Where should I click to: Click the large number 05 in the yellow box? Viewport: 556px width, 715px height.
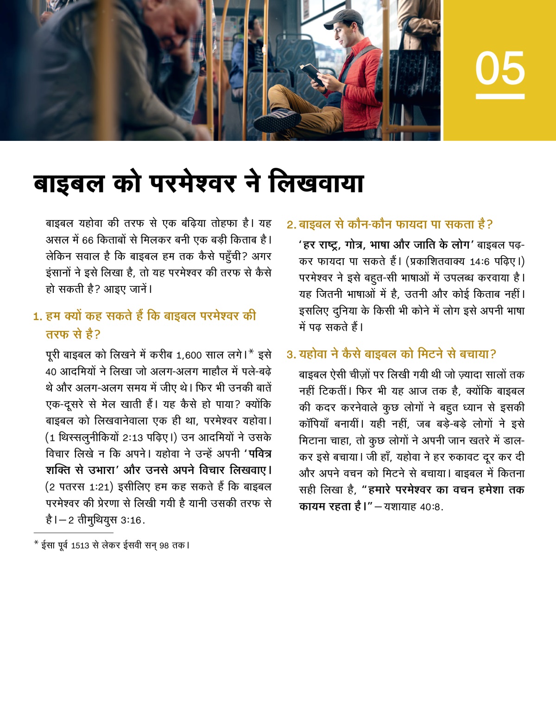click(x=500, y=68)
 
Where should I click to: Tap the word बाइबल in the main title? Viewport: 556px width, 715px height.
click(x=69, y=183)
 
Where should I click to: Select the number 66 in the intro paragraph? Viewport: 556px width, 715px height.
click(x=88, y=240)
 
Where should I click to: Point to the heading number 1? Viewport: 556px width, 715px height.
click(x=38, y=316)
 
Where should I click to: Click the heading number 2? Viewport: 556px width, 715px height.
click(x=291, y=225)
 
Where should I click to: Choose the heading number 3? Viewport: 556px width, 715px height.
click(x=291, y=354)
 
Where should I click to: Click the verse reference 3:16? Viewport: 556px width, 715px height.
click(x=131, y=520)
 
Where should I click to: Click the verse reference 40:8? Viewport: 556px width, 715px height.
click(x=431, y=507)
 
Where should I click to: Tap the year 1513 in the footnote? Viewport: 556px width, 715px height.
click(x=80, y=545)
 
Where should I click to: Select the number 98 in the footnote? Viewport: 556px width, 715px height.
click(x=164, y=545)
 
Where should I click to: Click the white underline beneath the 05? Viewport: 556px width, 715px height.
click(x=500, y=96)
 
